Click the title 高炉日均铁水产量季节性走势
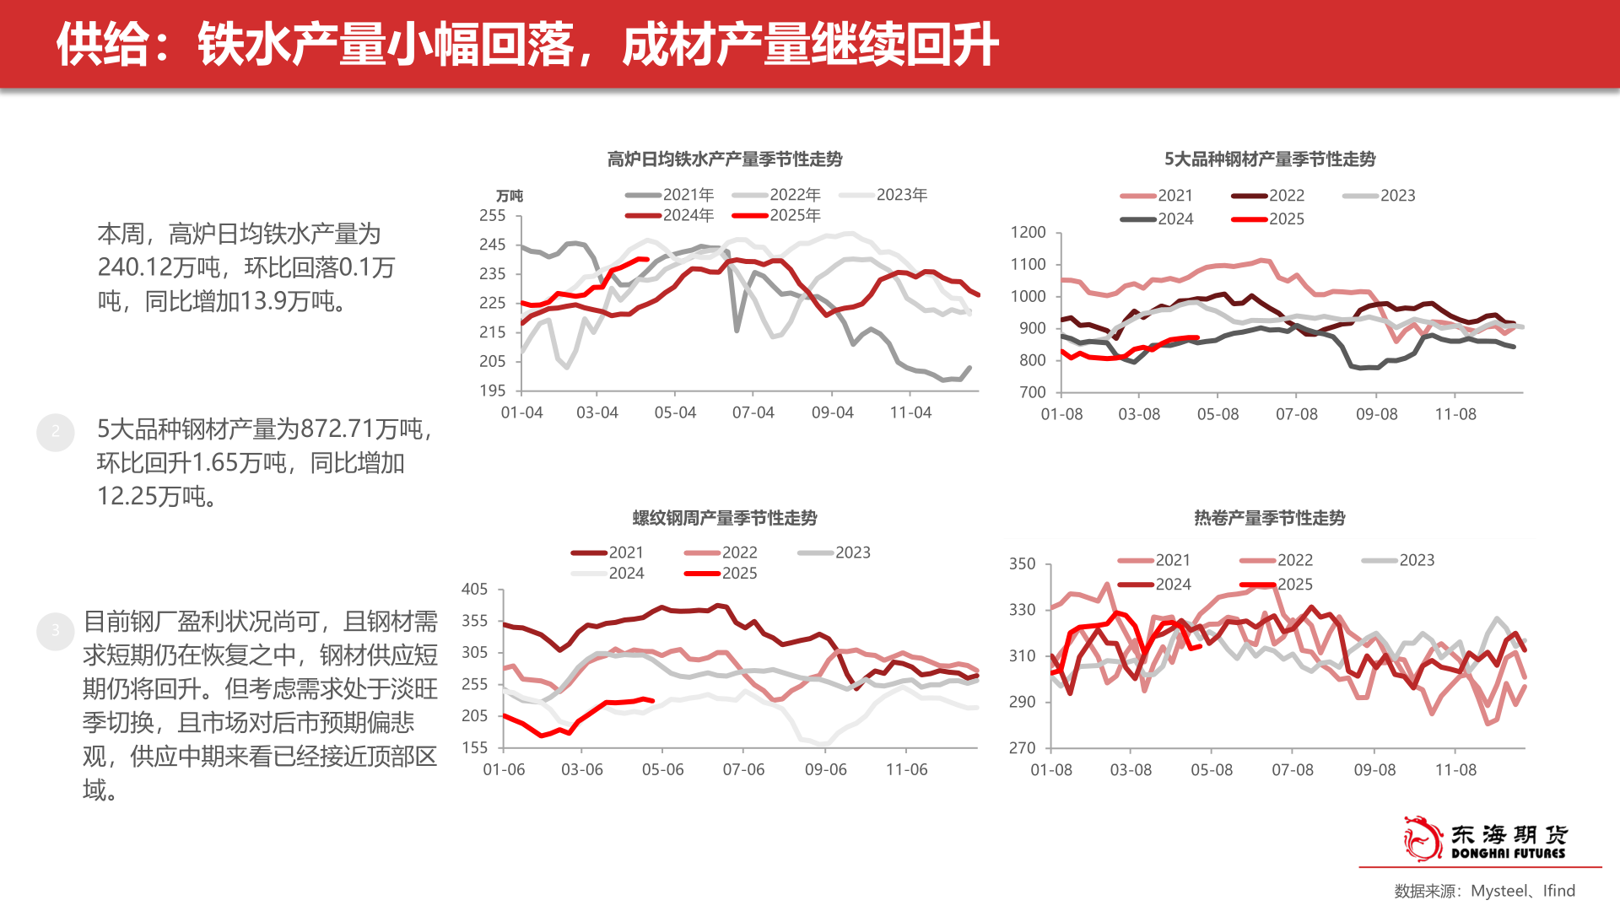(x=724, y=159)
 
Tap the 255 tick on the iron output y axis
(x=493, y=215)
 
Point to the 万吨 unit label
(x=509, y=196)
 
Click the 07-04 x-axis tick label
(x=753, y=412)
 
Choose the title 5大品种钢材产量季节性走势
(x=1269, y=159)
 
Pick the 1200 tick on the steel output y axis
(x=1028, y=232)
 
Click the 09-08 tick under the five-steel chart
(x=1376, y=414)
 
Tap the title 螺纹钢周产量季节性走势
(x=724, y=517)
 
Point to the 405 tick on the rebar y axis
(x=474, y=589)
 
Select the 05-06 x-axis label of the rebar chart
(x=662, y=769)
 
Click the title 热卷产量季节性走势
(x=1269, y=517)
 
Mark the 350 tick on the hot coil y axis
(x=1022, y=563)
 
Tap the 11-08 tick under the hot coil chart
(x=1455, y=769)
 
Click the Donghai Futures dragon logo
(x=1423, y=838)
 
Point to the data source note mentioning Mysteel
(x=1484, y=891)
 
